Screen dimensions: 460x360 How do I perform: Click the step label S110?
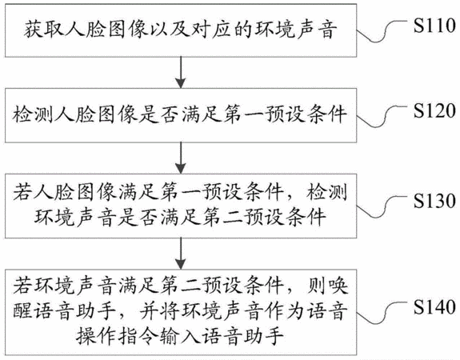(434, 26)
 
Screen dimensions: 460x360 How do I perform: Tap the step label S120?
(434, 110)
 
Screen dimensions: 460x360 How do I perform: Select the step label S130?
(434, 201)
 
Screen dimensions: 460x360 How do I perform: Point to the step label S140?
(434, 307)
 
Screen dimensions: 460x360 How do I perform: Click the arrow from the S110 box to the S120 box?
(181, 72)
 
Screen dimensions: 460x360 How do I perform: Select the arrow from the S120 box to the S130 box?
(181, 158)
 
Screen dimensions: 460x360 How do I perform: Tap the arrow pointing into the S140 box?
(181, 254)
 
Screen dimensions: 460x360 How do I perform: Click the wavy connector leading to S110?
(382, 30)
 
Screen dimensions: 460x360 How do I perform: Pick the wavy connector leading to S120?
(382, 116)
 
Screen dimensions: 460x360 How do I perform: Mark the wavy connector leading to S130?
(382, 206)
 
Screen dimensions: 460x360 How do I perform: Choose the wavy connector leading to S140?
(382, 313)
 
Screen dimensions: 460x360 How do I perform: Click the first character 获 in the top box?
(33, 30)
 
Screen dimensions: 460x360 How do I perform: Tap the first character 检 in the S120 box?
(22, 114)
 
